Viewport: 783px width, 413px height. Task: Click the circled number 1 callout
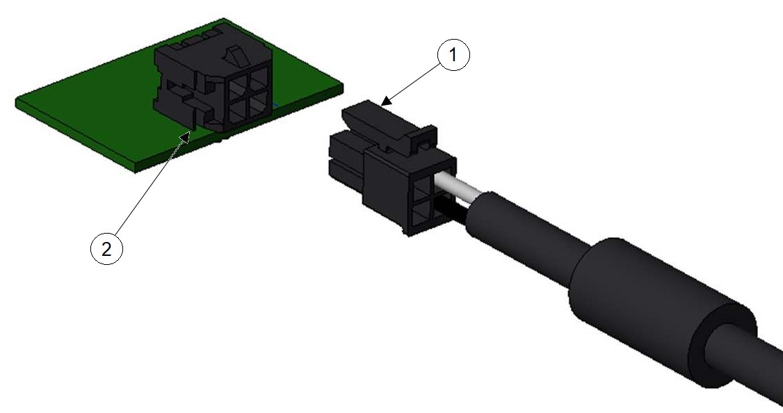[x=453, y=55]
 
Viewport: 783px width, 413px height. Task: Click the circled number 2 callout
[x=106, y=248]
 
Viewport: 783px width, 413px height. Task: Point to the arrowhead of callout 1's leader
[x=385, y=101]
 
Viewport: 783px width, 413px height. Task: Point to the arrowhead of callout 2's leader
[x=186, y=136]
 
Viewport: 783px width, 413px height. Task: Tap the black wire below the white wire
[x=452, y=209]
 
